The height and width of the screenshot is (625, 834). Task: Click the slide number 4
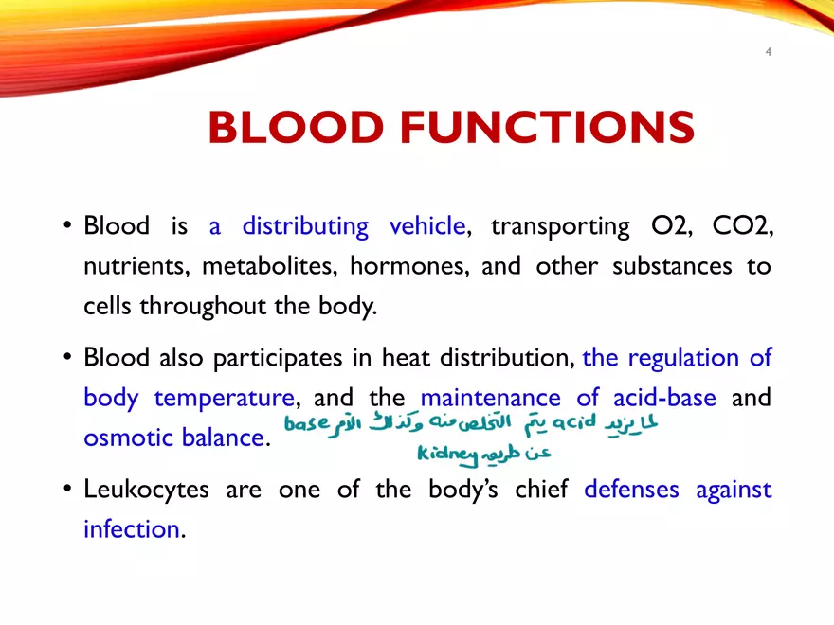click(769, 52)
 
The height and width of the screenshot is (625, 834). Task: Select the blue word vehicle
click(426, 227)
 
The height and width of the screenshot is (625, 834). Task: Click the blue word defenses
click(632, 490)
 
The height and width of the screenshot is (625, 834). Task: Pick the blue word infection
click(131, 528)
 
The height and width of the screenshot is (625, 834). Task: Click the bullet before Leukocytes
click(68, 490)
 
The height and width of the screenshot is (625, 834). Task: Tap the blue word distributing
click(305, 227)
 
